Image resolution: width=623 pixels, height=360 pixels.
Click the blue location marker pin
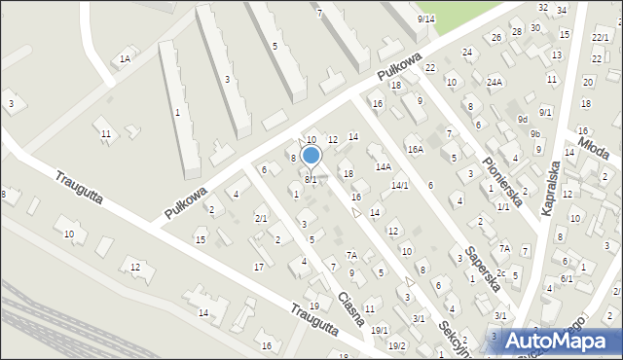(x=311, y=156)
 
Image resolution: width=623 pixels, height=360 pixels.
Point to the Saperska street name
(x=483, y=268)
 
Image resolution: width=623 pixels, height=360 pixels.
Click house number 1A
(x=125, y=59)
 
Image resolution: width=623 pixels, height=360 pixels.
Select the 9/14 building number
(x=425, y=19)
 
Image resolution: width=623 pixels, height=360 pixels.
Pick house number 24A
(x=495, y=82)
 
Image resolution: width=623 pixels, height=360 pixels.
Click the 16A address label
(x=416, y=149)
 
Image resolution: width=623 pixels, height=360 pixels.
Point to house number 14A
(x=384, y=167)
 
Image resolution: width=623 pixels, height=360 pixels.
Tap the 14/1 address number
(x=399, y=185)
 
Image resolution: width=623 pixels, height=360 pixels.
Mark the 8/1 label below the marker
(x=311, y=180)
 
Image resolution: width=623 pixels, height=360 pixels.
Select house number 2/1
(x=260, y=218)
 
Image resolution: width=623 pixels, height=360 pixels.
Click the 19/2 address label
(x=396, y=345)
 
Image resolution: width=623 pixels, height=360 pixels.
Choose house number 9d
(x=523, y=120)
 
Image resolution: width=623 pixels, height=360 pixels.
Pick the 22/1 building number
(x=600, y=36)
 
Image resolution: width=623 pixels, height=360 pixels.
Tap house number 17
(x=258, y=267)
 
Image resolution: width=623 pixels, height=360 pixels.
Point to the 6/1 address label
(x=567, y=279)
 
